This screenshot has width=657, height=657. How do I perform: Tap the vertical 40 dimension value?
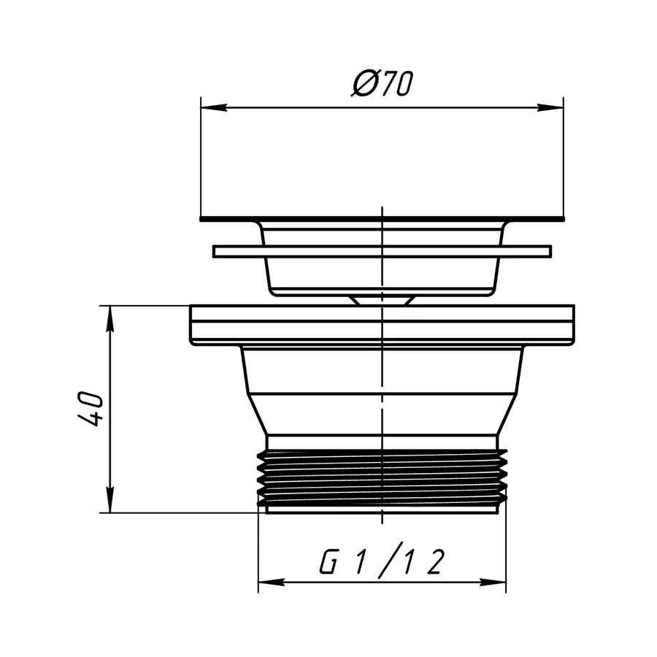pyautogui.click(x=93, y=409)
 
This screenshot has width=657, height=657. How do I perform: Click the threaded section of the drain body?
pyautogui.click(x=382, y=478)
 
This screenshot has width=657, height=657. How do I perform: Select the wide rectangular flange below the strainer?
pyautogui.click(x=382, y=325)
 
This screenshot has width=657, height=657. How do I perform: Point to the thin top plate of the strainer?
pyautogui.click(x=382, y=218)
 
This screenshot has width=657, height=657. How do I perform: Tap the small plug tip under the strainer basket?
pyautogui.click(x=382, y=299)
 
